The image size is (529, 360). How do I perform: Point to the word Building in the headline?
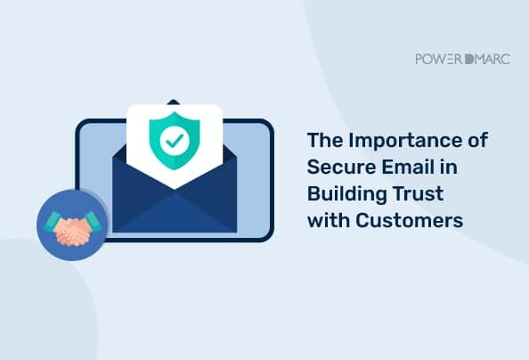tap(346, 195)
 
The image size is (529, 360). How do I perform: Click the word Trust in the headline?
tap(419, 194)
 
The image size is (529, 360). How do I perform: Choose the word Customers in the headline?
tap(409, 220)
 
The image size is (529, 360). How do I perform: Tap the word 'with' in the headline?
tap(328, 220)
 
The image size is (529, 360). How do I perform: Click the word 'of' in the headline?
tap(478, 140)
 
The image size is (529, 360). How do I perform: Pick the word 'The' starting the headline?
tap(324, 140)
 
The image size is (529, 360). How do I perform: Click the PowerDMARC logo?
tap(463, 59)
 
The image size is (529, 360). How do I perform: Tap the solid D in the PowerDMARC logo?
tap(469, 59)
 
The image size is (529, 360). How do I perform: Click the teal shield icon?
tap(175, 140)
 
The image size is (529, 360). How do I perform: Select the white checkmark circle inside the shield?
tap(175, 140)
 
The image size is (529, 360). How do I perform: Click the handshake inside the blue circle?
tap(72, 232)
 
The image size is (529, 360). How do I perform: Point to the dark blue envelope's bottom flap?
tap(175, 212)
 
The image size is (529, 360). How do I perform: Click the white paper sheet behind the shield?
tap(175, 146)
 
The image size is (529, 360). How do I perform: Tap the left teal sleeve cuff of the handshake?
tap(53, 222)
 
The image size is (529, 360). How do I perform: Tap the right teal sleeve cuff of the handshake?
tap(93, 221)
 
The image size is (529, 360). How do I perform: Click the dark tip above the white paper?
tap(173, 102)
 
